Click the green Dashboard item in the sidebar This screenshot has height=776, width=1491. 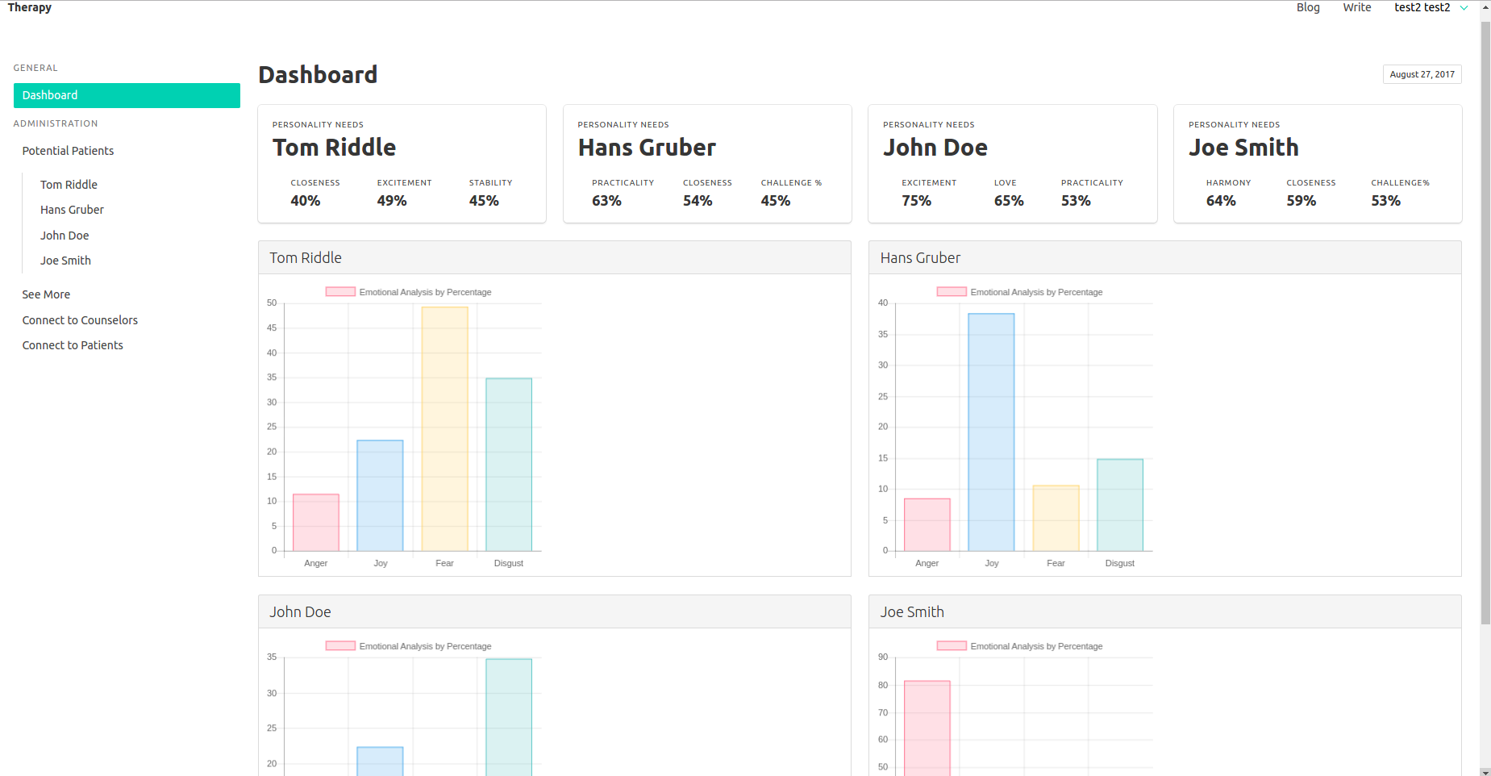[x=127, y=95]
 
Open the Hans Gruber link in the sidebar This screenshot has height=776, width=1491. [x=72, y=210]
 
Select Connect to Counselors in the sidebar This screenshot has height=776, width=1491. [x=80, y=320]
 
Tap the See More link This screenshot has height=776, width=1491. [x=46, y=294]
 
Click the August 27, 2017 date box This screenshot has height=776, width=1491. [x=1422, y=74]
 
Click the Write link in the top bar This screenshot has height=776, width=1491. [x=1356, y=7]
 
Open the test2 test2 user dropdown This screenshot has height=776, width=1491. [x=1430, y=7]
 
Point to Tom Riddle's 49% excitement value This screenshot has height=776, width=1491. [x=392, y=201]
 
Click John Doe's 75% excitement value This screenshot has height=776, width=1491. [x=916, y=201]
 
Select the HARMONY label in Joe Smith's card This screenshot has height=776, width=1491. [x=1228, y=183]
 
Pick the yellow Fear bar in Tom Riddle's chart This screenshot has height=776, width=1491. [x=444, y=428]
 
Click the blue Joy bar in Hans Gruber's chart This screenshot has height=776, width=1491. [x=991, y=432]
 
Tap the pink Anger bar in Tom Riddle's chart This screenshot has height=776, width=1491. [x=316, y=522]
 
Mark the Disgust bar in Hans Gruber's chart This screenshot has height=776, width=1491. [x=1120, y=505]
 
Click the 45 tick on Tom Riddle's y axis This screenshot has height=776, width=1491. [x=272, y=328]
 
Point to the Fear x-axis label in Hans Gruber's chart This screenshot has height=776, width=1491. [x=1056, y=563]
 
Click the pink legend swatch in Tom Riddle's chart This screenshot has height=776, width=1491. [x=340, y=292]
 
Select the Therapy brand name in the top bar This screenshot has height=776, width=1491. [x=30, y=7]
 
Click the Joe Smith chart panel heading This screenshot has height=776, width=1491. [x=912, y=612]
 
